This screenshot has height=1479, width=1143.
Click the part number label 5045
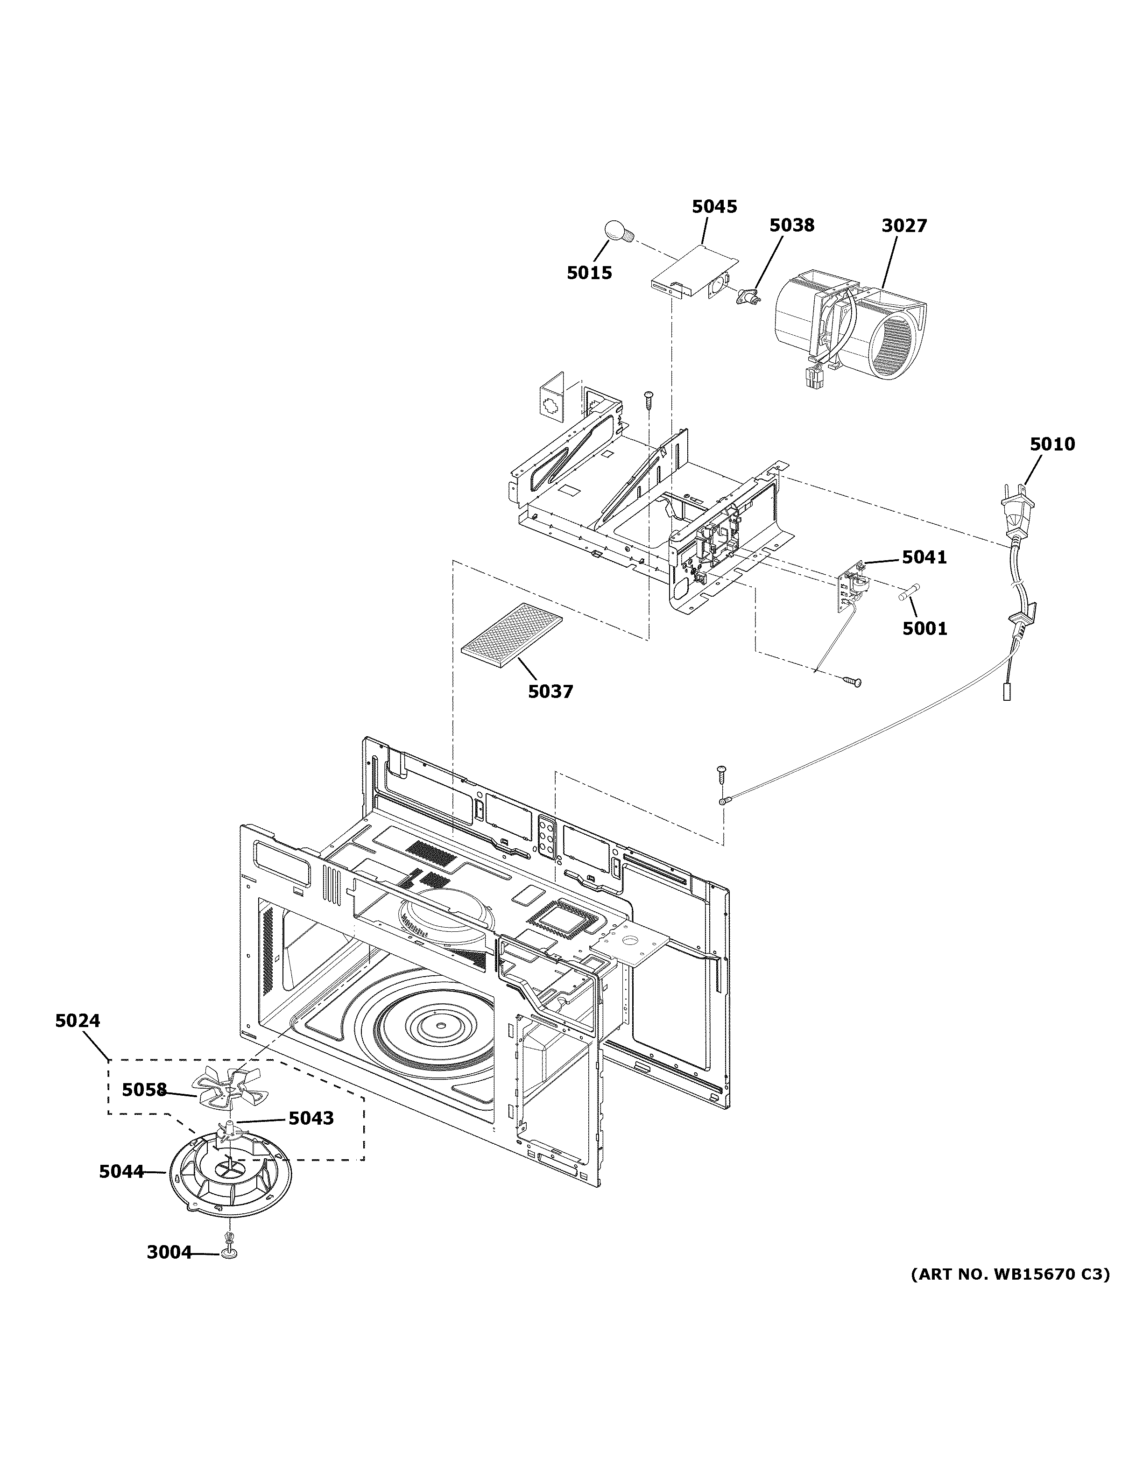714,206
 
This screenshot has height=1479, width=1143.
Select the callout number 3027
904,225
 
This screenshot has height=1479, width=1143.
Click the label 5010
1052,444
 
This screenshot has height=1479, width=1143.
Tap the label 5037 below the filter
550,691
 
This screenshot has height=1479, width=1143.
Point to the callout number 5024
78,1040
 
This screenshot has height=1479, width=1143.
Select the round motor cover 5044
230,1178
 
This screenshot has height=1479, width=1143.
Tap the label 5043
311,1118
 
